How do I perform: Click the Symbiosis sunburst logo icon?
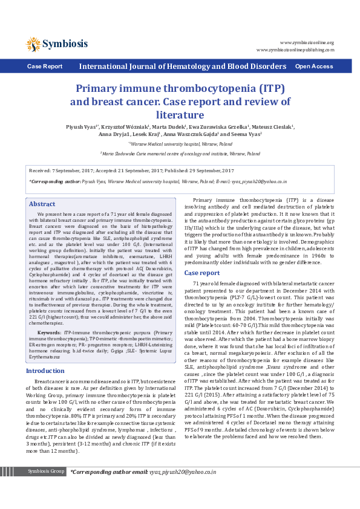tap(33, 44)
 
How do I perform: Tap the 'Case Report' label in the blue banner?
tap(44, 66)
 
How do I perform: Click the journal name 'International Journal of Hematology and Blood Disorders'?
tap(183, 66)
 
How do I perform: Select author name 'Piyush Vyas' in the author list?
tap(80, 128)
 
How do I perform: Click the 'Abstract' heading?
tap(42, 204)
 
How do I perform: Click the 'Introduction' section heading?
tap(45, 371)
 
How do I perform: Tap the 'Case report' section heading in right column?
tap(201, 273)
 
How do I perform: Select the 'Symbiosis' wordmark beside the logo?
tap(65, 44)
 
